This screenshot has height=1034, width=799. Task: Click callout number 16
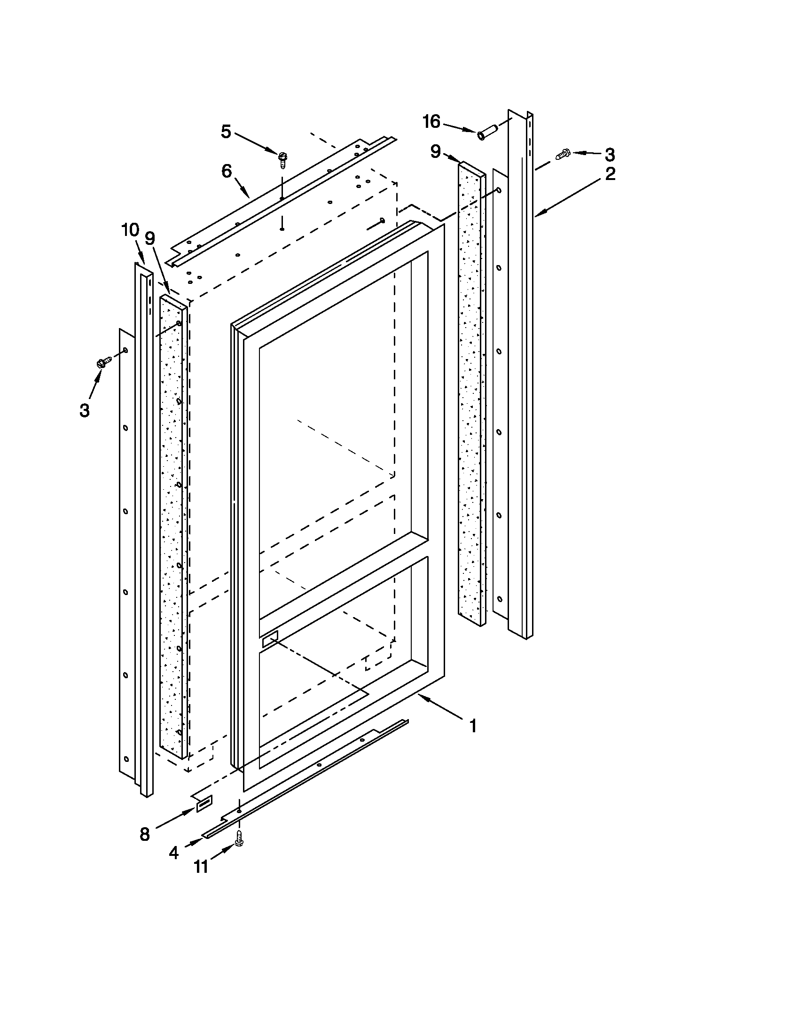coord(431,122)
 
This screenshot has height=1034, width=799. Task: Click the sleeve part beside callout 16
coord(487,132)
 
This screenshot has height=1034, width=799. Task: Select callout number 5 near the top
coord(226,132)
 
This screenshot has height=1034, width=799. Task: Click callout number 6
coord(227,172)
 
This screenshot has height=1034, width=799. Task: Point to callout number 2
coord(610,174)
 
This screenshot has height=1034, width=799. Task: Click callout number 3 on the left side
coord(84,410)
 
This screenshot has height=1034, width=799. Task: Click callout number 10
coord(130,231)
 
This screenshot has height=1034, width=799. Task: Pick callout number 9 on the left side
coord(150,238)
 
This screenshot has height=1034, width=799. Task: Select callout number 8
coord(145,834)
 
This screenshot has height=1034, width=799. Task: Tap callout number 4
coord(174,853)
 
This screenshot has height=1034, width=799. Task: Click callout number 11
coord(201,867)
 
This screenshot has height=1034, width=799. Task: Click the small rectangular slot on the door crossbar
coord(270,639)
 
